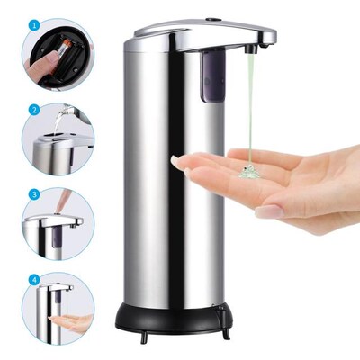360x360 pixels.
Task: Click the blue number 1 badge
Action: click(x=33, y=27)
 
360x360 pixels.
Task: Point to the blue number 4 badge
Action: click(x=33, y=278)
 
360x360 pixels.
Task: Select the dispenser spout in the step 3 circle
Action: click(x=63, y=220)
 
